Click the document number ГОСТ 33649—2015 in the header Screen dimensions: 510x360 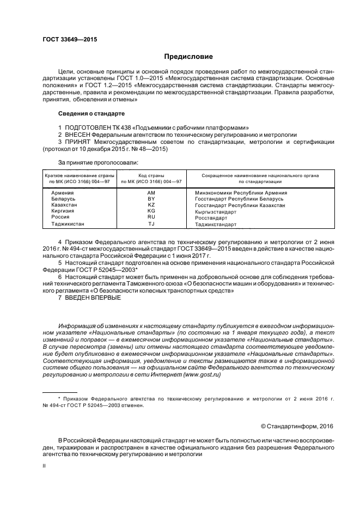coord(70,39)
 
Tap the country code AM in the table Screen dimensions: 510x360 coord(151,193)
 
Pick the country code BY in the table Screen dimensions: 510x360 coord(151,199)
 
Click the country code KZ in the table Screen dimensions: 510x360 coord(151,205)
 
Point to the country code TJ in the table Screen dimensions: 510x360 coord(151,223)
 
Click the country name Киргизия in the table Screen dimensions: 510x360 coord(64,211)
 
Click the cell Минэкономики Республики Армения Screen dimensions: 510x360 coord(241,193)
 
